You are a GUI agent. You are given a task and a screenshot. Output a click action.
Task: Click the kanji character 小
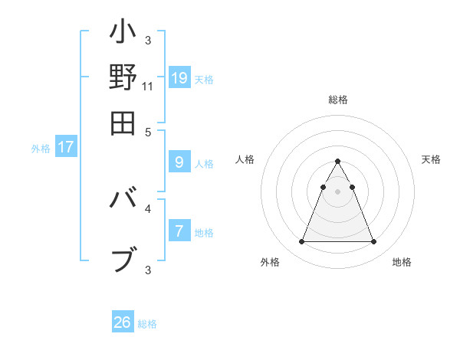click(123, 34)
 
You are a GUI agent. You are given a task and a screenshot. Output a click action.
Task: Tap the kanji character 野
click(123, 77)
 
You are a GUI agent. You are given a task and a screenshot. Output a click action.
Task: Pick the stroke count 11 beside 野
click(148, 87)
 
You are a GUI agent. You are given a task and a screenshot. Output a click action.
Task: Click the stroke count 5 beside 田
click(148, 130)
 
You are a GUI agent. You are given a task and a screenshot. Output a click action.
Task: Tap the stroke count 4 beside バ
click(148, 207)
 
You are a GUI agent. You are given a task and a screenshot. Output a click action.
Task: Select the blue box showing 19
click(179, 78)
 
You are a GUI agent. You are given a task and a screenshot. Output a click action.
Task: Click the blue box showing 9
click(179, 162)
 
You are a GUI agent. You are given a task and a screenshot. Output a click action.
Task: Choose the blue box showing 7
click(179, 231)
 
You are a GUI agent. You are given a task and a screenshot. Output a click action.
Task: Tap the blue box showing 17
click(66, 148)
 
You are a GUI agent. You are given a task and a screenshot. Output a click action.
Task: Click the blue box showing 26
click(123, 322)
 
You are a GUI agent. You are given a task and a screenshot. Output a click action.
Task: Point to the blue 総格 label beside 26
click(147, 324)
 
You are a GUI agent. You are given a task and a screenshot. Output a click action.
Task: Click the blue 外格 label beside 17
click(41, 149)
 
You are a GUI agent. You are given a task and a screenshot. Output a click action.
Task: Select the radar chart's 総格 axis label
click(337, 100)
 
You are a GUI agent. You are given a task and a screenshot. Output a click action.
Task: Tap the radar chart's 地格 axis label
click(402, 262)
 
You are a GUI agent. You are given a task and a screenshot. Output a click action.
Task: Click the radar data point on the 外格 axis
click(301, 242)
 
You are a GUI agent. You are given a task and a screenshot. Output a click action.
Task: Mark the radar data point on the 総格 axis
click(337, 162)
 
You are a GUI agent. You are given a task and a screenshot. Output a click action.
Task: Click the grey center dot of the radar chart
click(337, 191)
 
